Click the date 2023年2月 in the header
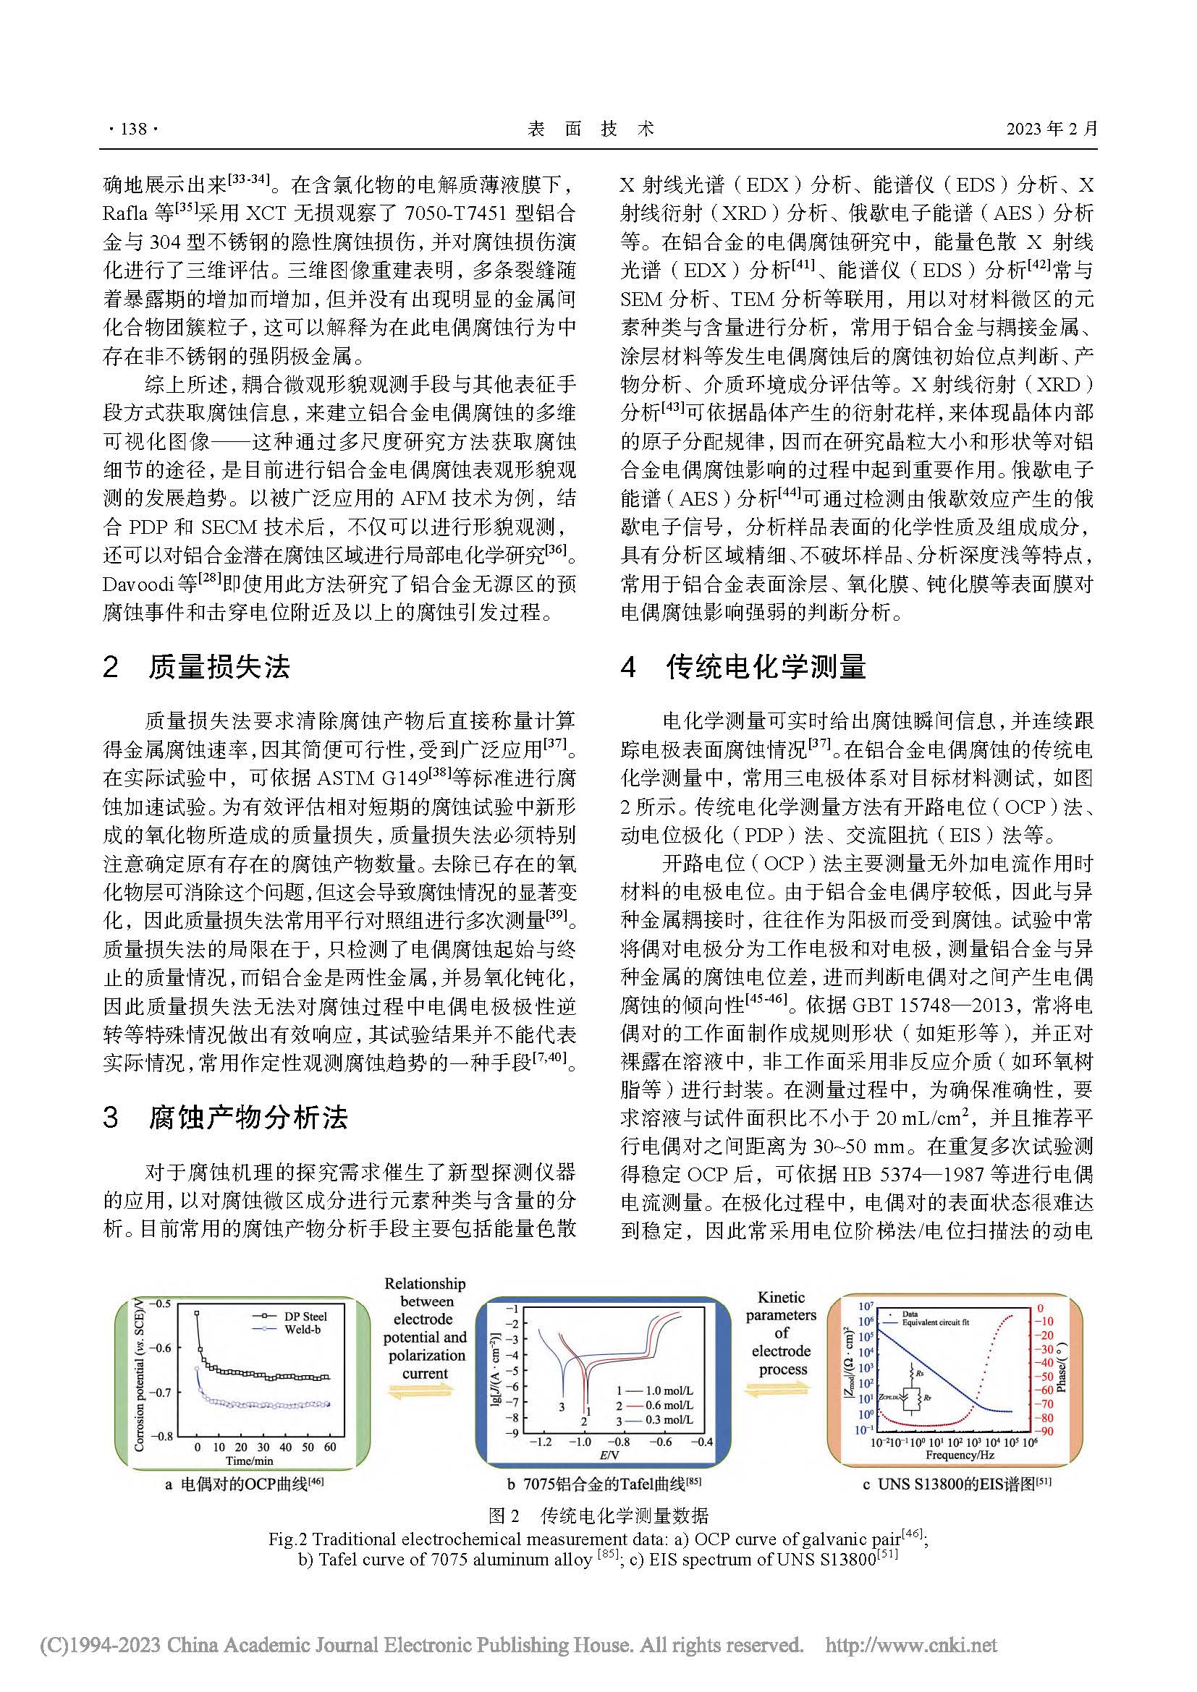coord(1052,129)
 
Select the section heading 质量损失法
coord(219,667)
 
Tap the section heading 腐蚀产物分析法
coord(248,1118)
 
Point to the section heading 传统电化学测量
coord(766,667)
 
